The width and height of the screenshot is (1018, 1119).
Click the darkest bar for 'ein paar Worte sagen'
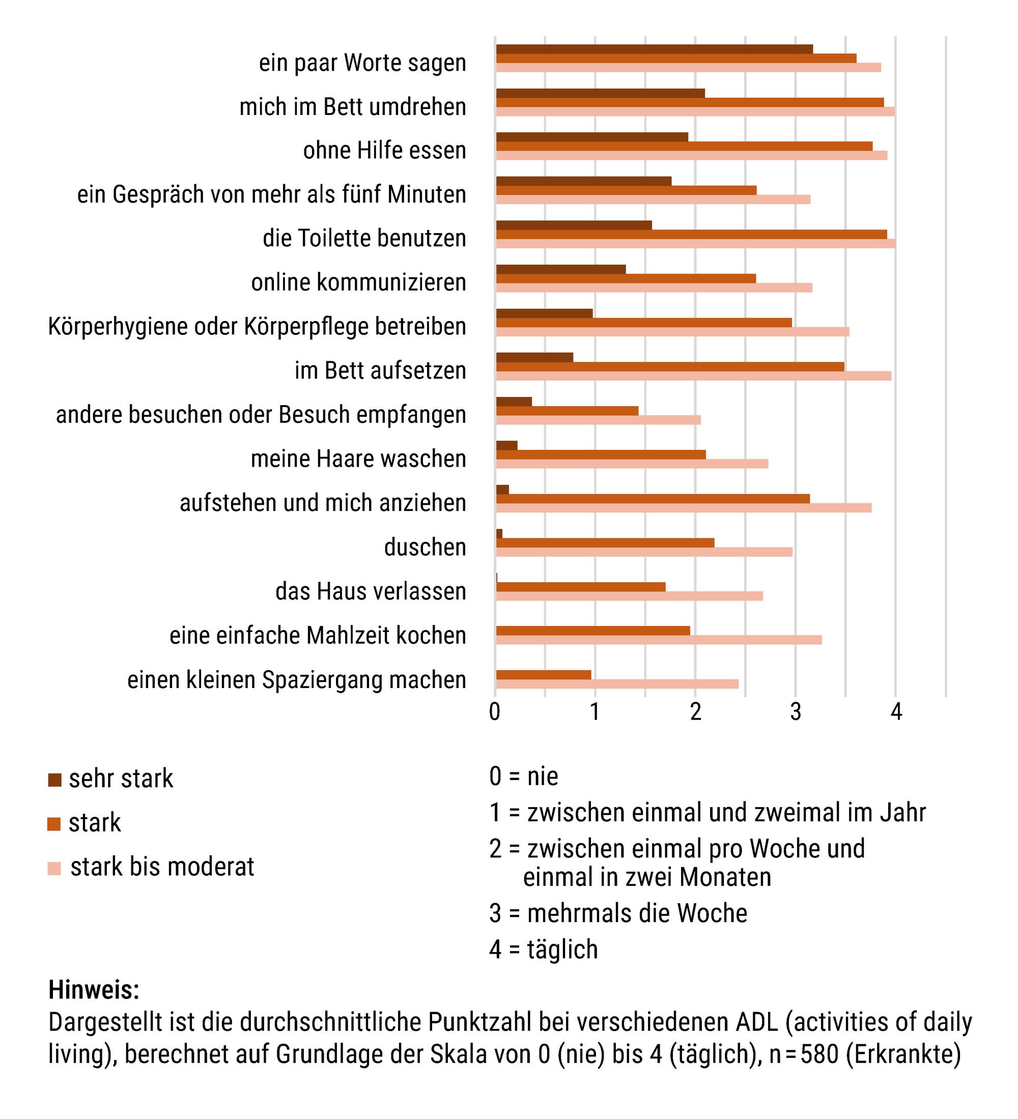(x=654, y=49)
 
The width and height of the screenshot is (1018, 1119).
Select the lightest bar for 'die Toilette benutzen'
(x=695, y=244)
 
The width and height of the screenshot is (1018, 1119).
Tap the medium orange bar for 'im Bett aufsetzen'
(x=669, y=366)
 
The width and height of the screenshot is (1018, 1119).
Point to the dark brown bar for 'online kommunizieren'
(x=560, y=269)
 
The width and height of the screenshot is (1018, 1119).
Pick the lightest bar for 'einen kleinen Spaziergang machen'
(x=617, y=684)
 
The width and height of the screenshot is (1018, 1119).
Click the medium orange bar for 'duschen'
(x=605, y=542)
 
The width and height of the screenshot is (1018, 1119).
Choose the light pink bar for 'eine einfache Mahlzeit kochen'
(x=658, y=640)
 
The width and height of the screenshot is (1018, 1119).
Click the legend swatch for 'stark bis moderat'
(x=54, y=868)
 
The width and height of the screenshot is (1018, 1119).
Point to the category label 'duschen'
(x=425, y=548)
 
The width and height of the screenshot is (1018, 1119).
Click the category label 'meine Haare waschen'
(x=358, y=459)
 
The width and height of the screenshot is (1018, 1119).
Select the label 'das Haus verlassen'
(x=370, y=591)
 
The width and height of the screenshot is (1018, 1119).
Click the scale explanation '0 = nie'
(x=523, y=776)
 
